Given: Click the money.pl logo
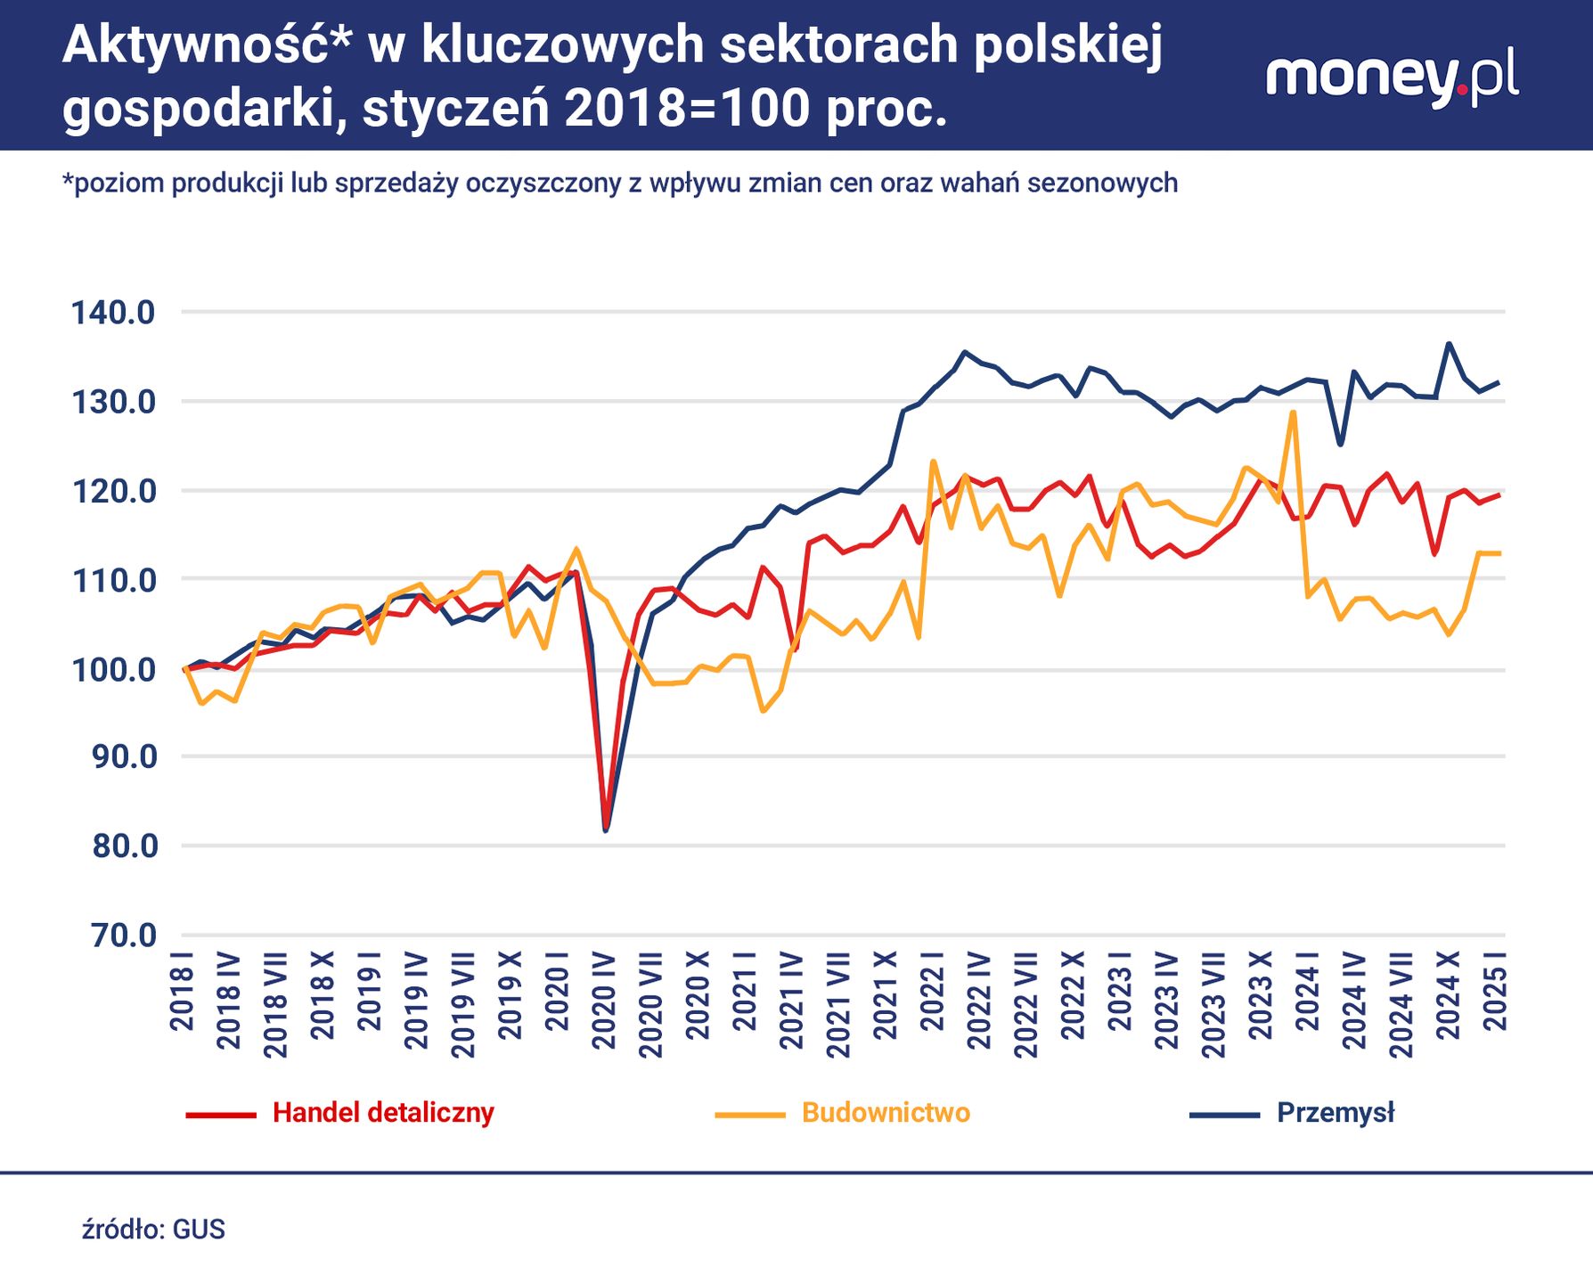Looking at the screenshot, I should (x=1392, y=78).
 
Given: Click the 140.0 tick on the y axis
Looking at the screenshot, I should (x=113, y=313).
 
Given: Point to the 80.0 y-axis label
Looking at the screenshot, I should (x=124, y=846).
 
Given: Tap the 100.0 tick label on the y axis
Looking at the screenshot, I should (x=113, y=670).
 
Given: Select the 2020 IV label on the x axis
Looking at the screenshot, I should (x=604, y=1001).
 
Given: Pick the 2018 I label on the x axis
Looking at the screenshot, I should (x=182, y=991).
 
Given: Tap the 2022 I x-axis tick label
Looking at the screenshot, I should (x=932, y=991).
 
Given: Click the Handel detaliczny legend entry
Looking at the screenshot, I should (x=382, y=1113).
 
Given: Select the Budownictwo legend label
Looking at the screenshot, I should (x=885, y=1113).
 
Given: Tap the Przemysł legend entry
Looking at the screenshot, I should (x=1335, y=1113).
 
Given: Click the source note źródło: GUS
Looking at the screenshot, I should (x=153, y=1230).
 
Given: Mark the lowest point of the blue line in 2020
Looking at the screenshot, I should (x=606, y=830).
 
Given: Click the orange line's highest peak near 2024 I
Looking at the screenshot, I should (x=1292, y=413).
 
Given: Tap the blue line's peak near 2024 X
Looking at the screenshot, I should (x=1449, y=343).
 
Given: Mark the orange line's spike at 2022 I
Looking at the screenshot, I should (x=933, y=462).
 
